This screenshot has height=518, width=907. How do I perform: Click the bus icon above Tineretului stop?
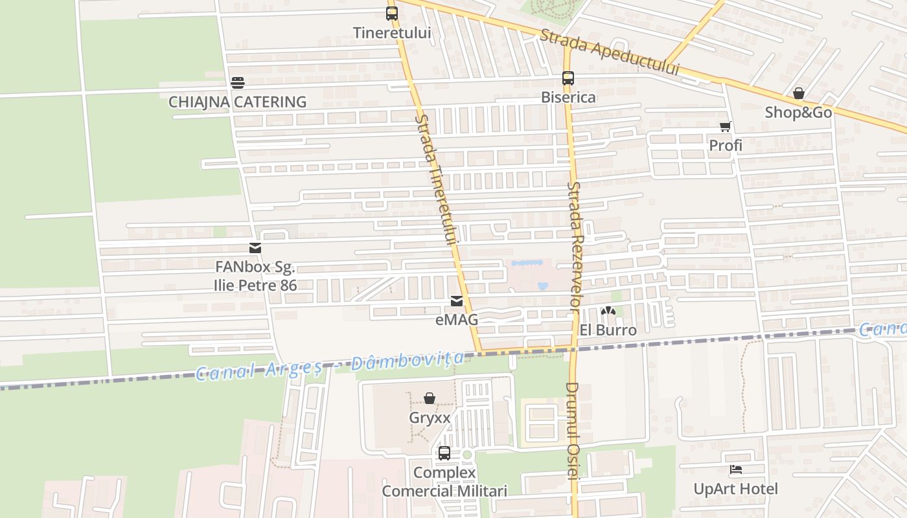coord(392,13)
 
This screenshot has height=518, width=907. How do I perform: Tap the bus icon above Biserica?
coord(568,78)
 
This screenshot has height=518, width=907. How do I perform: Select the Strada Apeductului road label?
coord(609,52)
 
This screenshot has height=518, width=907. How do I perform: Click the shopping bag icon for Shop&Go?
coord(799,93)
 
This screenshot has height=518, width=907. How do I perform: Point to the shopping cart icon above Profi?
coord(726,126)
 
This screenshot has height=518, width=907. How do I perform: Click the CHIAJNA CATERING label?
coord(237,102)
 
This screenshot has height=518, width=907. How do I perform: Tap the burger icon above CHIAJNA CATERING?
coord(238,83)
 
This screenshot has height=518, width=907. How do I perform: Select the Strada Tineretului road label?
coord(436,179)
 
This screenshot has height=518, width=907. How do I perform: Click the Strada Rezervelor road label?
coord(575,246)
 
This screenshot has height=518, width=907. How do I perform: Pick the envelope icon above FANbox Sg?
coord(255,248)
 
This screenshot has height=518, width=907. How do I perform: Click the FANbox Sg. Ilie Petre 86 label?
coord(255,276)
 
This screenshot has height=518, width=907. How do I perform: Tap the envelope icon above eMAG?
coord(457,301)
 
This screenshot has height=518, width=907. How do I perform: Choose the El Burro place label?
coord(608,330)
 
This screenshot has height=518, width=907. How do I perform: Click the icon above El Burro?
coord(607,311)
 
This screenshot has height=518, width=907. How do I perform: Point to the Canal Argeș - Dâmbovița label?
coord(330,366)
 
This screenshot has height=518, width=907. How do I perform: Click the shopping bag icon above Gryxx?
coord(430,398)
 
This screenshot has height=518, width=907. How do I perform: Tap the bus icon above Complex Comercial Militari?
coord(444,453)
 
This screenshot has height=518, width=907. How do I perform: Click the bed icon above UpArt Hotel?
coord(736,470)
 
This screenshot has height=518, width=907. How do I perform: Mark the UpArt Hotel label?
coord(736,489)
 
